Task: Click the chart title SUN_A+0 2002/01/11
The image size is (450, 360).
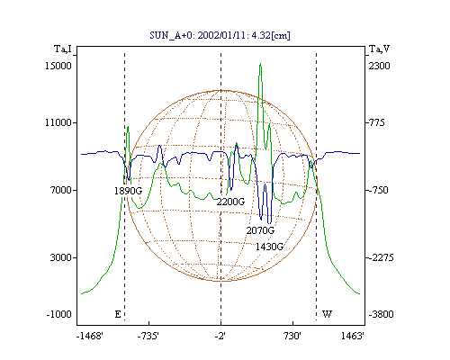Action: pos(220,35)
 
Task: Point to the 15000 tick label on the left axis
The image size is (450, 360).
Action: pos(58,66)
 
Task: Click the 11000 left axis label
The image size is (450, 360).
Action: pos(58,122)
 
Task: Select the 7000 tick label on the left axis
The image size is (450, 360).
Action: pos(61,190)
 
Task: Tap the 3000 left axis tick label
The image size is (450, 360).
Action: pos(61,257)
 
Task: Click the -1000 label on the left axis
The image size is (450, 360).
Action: pos(59,314)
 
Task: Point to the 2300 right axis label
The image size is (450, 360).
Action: pos(379,66)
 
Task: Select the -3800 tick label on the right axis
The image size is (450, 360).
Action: pos(381,314)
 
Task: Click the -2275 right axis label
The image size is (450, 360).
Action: pos(381,257)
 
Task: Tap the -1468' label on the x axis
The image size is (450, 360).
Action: pos(90,336)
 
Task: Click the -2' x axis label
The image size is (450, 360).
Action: pos(220,336)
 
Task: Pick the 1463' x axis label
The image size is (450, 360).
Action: pos(353,336)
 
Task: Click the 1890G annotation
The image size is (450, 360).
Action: pos(128,191)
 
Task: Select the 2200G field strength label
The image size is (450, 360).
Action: pos(230,202)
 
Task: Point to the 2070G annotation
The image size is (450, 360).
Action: pos(260,230)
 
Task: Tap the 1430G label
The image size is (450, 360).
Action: pos(269,247)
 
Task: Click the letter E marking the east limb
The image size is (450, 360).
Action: pos(118,314)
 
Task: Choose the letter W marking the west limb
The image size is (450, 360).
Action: pos(327,314)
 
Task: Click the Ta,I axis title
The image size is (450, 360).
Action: pos(63,49)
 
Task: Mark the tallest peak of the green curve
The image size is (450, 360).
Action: pos(260,64)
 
